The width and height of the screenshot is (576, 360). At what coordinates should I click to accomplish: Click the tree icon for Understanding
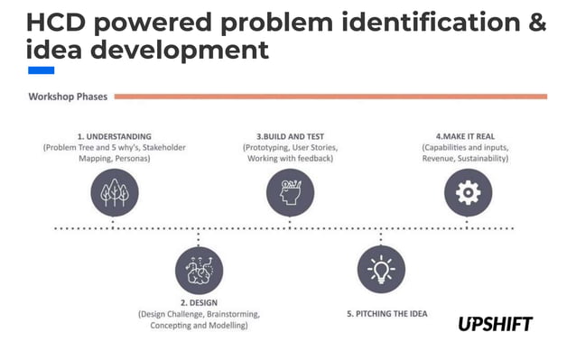click(114, 192)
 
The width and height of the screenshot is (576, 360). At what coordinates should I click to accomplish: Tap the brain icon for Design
click(199, 270)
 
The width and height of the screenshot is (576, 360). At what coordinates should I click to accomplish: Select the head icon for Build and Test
click(290, 192)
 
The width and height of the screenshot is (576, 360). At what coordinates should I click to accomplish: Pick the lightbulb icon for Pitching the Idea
click(380, 270)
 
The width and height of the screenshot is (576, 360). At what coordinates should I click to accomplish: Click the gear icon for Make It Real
click(468, 192)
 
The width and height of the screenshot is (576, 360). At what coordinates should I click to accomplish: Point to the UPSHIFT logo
click(495, 323)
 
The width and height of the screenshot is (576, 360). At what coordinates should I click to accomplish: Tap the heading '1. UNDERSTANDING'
click(113, 136)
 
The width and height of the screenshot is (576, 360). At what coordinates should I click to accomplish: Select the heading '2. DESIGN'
click(199, 302)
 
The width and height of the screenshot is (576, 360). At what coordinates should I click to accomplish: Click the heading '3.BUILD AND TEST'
click(290, 136)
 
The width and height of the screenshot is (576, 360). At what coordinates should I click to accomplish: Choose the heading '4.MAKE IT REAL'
click(467, 136)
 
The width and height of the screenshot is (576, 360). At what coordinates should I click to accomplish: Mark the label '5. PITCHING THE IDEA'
click(387, 314)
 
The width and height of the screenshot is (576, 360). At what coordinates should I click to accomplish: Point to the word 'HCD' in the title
click(58, 23)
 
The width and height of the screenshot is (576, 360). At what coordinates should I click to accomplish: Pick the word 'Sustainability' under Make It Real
click(482, 158)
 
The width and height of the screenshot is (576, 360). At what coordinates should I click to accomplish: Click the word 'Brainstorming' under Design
click(233, 314)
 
